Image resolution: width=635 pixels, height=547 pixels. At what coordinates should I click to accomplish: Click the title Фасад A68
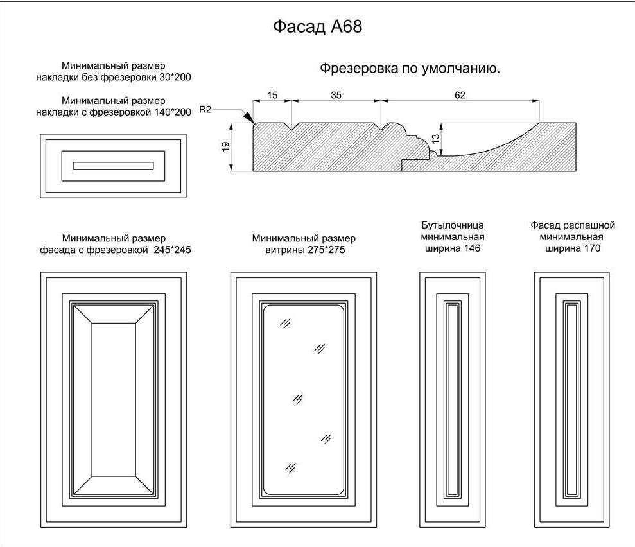coord(318,27)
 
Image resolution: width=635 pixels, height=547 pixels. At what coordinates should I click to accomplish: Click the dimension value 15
coord(272,95)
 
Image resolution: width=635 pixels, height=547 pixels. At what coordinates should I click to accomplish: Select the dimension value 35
coord(336,95)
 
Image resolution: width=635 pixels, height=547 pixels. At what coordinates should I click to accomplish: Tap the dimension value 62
coord(460,95)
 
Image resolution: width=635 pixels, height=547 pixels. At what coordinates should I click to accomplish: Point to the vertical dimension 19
coord(225,147)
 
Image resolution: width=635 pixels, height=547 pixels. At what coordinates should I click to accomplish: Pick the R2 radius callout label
coord(205,110)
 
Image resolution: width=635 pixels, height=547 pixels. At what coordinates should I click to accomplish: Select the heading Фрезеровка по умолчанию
coord(410,69)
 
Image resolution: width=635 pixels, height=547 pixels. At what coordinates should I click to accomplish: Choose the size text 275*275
coord(325,250)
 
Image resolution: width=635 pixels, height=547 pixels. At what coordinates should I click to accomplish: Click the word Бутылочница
coord(452,225)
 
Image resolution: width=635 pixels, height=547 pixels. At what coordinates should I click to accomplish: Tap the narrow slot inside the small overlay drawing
coord(113,166)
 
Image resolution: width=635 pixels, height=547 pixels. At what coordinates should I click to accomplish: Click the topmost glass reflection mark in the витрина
coord(285,323)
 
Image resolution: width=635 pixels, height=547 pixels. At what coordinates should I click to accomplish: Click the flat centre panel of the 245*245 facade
coord(114,399)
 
